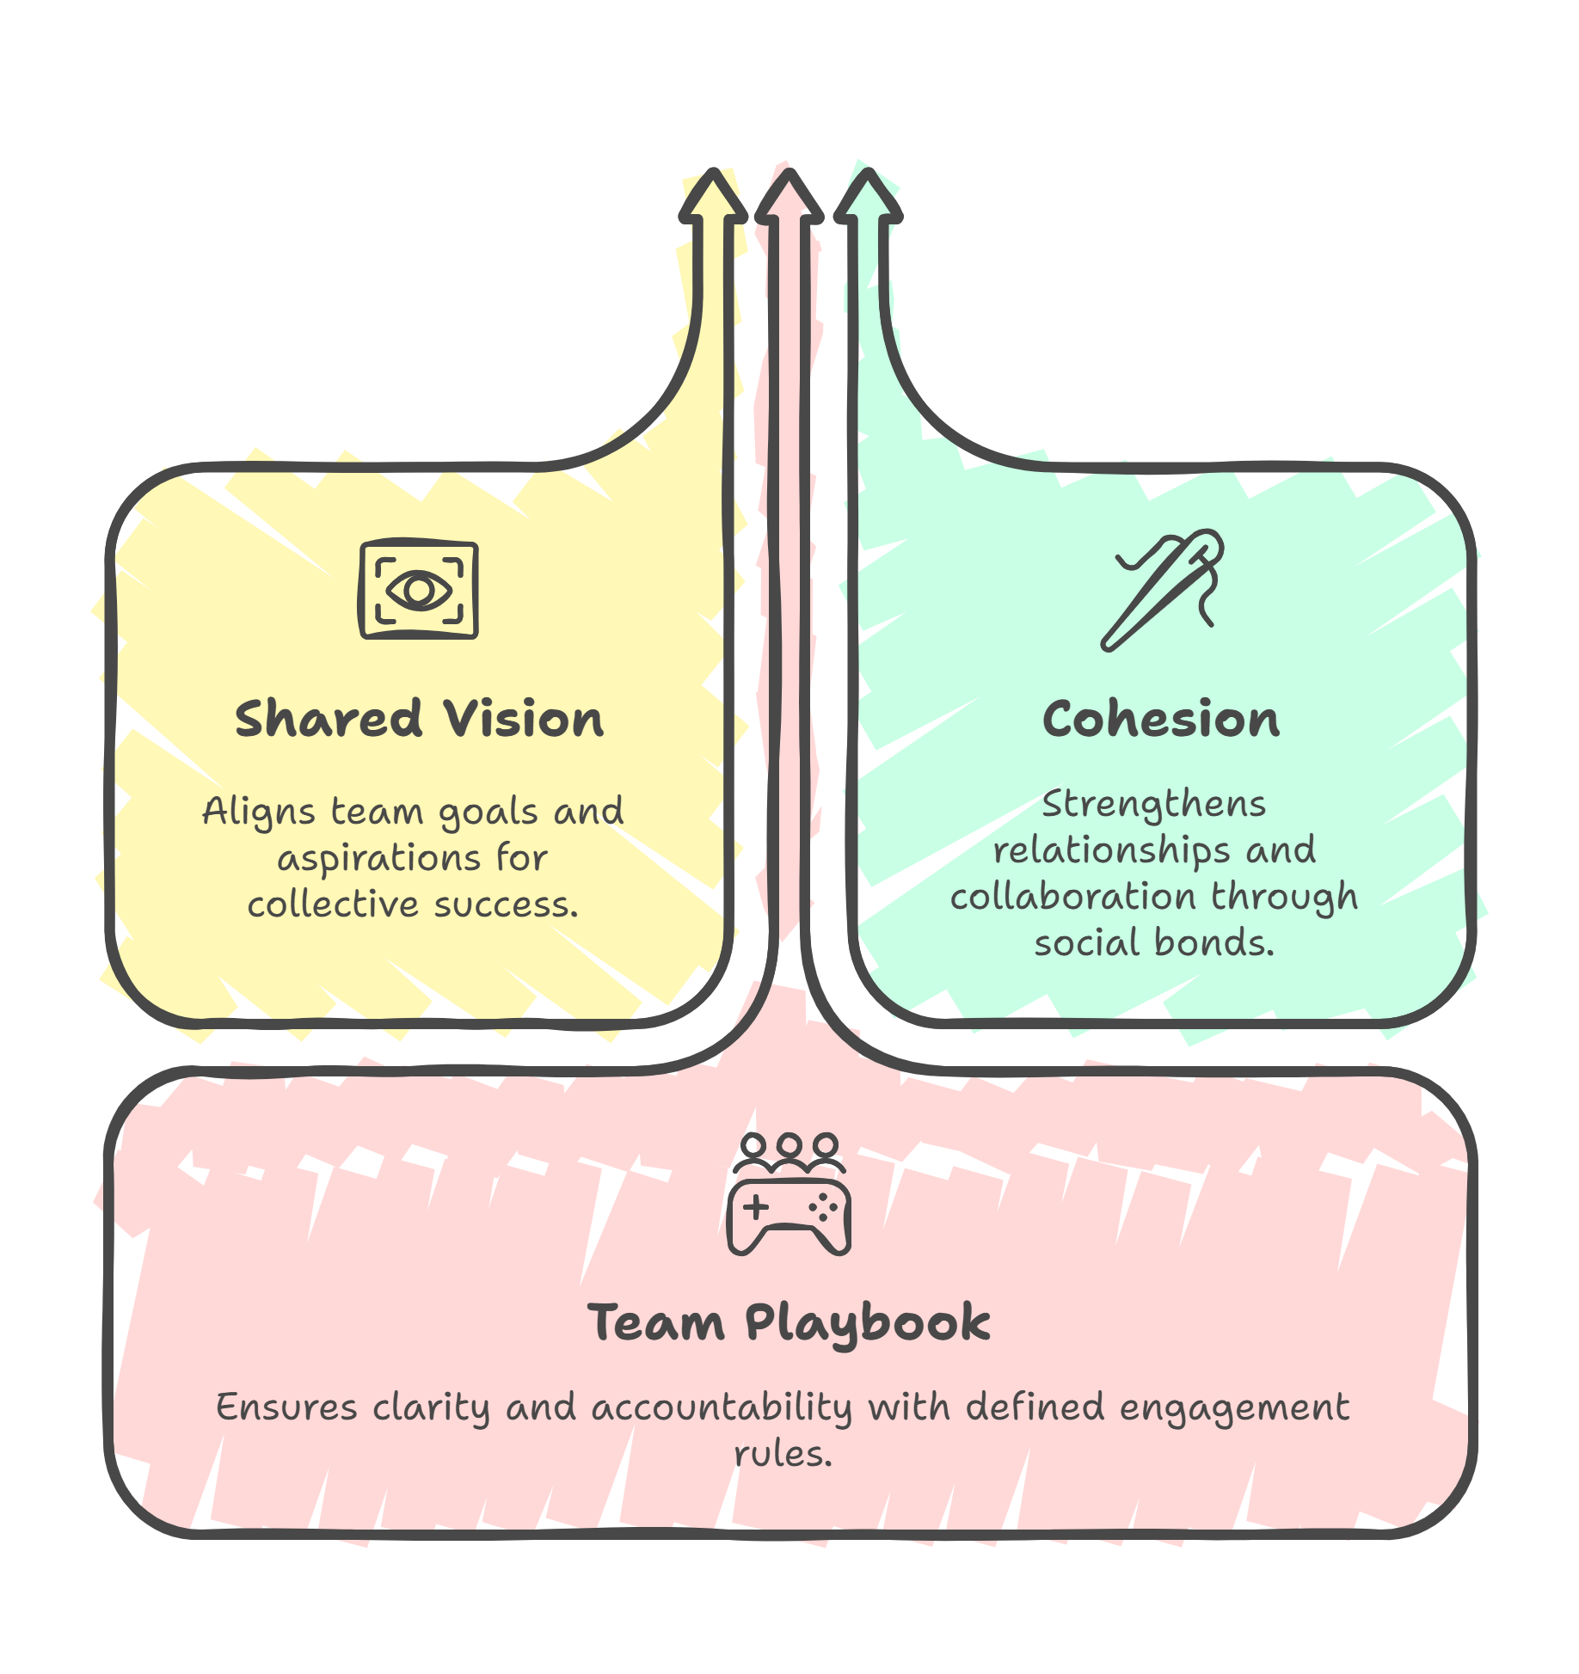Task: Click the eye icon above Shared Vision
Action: (418, 590)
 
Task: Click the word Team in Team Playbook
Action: (656, 1322)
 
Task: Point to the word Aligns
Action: (258, 812)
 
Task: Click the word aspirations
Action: (378, 859)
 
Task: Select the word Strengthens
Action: (1153, 806)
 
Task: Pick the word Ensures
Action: (286, 1408)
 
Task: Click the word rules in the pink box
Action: (783, 1455)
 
